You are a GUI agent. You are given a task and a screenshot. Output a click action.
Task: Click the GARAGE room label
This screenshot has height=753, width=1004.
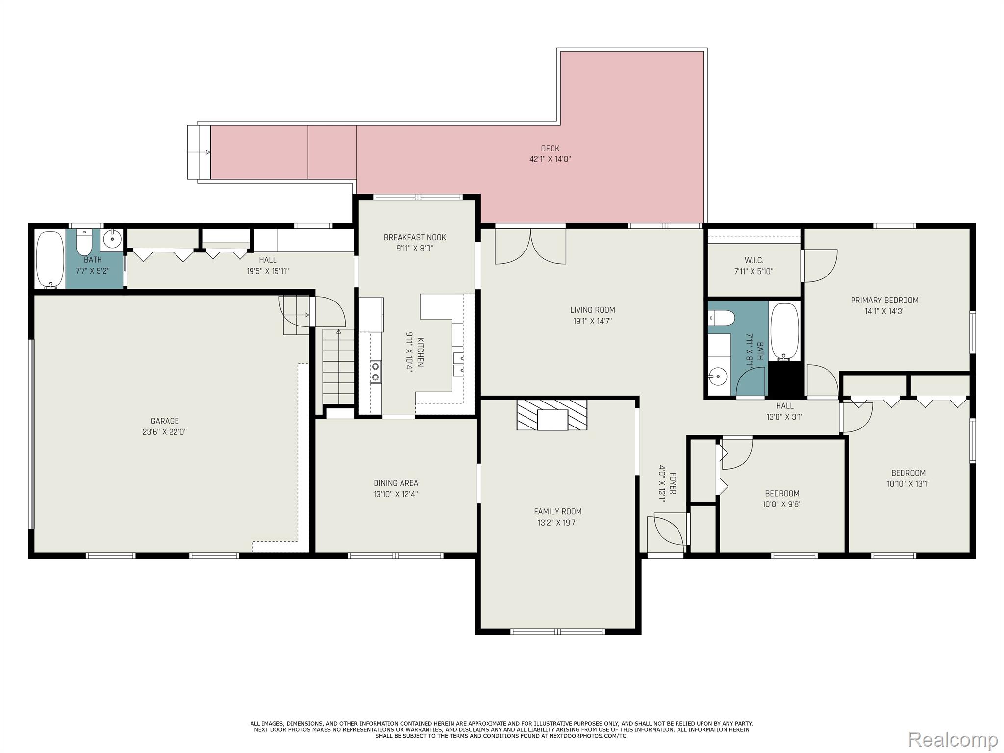[x=165, y=421]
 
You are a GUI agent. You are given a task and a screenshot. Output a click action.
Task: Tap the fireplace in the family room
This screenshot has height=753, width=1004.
[x=552, y=415]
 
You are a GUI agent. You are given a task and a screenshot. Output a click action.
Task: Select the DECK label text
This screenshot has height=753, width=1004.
[x=550, y=148]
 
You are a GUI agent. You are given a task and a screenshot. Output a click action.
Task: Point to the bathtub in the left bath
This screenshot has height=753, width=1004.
[x=50, y=259]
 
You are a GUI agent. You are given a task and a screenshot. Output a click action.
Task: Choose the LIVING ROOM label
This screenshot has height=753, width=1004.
[x=592, y=310]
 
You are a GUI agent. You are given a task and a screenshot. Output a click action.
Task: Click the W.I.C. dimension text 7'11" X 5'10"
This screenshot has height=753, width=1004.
[x=754, y=271]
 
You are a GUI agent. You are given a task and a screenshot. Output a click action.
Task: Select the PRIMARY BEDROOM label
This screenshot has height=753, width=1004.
[x=884, y=300]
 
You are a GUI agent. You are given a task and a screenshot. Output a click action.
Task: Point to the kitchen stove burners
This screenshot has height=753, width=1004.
[x=376, y=371]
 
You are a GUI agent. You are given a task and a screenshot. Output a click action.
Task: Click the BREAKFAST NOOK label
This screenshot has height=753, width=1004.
[x=415, y=237]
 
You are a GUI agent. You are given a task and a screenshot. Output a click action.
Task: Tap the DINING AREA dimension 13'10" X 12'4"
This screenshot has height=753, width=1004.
[x=396, y=494]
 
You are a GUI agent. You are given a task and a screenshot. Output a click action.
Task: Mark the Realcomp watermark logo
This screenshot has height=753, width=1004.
[x=953, y=739]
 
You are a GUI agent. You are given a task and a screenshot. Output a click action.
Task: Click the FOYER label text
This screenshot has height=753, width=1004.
[x=673, y=483]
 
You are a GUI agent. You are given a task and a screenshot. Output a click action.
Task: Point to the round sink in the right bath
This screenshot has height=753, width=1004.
[x=718, y=376]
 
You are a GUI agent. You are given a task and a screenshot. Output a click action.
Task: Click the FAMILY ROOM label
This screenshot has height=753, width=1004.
[x=558, y=511]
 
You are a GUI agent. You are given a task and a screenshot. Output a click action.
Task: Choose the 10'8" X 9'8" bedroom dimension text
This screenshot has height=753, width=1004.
[x=782, y=504]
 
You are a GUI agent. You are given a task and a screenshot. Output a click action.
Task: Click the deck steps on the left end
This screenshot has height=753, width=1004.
[x=199, y=152]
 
